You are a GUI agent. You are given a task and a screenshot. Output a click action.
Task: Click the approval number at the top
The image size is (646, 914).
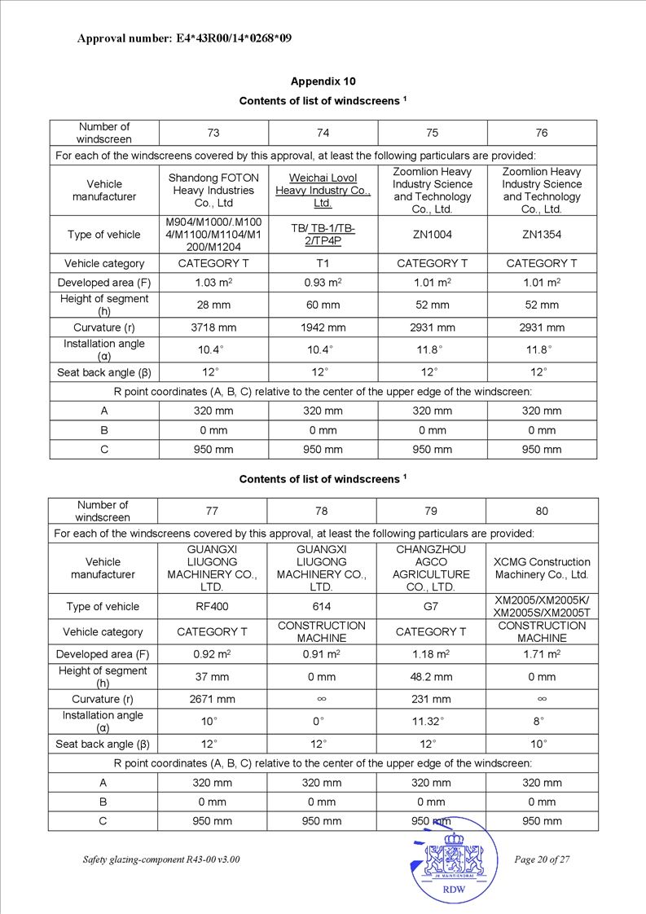pos(184,38)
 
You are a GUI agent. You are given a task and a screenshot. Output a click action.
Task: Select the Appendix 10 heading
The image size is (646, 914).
pos(323,81)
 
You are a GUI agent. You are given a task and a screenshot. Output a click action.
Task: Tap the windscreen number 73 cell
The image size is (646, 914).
pos(213,133)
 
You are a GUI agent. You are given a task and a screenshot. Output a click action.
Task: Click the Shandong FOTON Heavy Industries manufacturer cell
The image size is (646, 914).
pos(213,191)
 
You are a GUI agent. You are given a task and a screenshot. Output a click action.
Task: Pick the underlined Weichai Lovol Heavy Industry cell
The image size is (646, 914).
pos(323,191)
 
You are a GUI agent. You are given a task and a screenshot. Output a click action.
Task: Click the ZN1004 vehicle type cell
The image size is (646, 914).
pos(432,235)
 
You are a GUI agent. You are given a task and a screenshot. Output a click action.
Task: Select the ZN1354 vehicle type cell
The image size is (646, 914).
pos(542,235)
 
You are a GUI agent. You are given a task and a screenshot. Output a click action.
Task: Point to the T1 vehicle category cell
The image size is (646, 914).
pos(323,264)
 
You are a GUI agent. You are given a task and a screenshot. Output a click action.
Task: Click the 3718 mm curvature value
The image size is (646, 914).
pos(213,327)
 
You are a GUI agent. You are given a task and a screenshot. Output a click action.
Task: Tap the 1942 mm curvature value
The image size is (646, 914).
pos(323,327)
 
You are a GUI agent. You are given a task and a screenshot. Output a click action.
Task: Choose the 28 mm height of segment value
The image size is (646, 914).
pos(213,305)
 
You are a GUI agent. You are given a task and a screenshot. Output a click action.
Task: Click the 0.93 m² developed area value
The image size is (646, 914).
pos(323,283)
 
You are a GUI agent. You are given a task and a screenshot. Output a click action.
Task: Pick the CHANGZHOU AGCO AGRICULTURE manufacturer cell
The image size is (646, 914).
pos(431,569)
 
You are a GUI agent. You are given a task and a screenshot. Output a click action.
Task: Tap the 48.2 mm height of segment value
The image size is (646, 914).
pos(431,677)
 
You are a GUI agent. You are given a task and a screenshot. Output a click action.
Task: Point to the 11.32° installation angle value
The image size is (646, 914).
pos(431,722)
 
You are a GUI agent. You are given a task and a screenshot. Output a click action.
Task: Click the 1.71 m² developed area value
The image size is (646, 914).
pos(542,654)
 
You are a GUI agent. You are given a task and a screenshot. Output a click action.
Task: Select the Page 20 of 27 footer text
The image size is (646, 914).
pos(542,860)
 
